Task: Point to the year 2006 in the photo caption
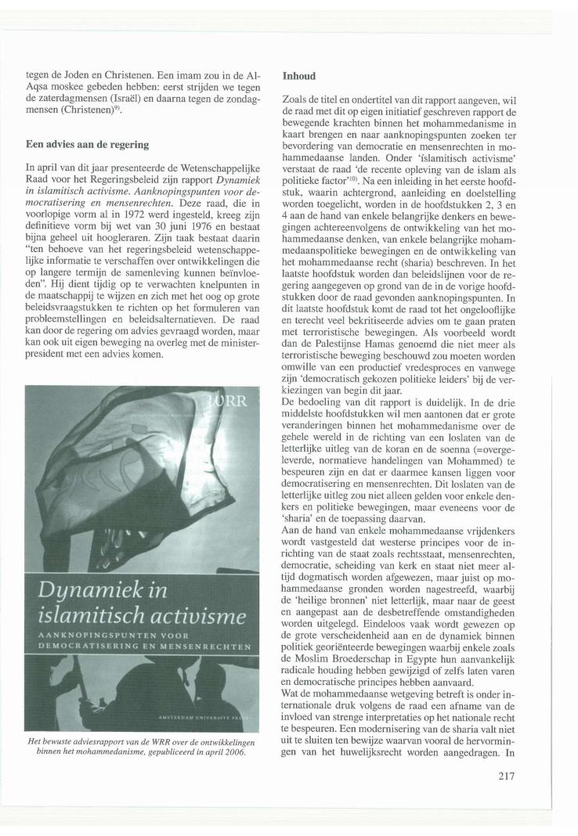(x=234, y=730)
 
